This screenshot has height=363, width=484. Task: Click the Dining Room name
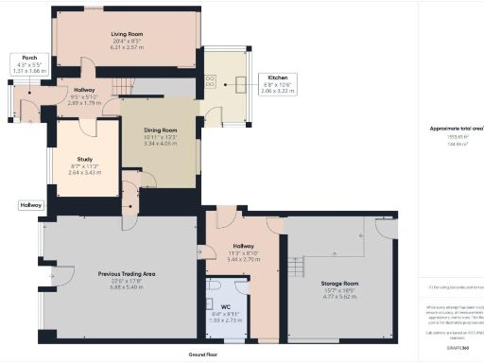point(160,130)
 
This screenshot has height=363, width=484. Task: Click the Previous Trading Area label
point(126,275)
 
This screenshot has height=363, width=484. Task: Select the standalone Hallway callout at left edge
point(30,204)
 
